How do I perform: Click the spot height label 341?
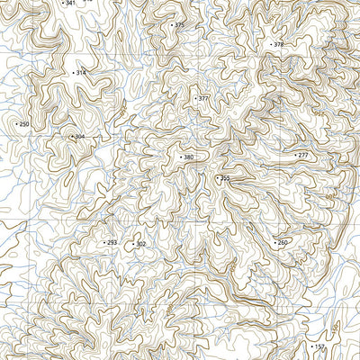pos(71,4)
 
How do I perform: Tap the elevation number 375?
pos(179,25)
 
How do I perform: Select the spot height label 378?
pos(278,44)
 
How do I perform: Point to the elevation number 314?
pos(81,73)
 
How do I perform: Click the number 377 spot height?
pos(203,98)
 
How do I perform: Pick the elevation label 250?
pos(24,124)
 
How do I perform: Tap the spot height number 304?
pos(79,137)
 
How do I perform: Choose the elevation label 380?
pos(188,157)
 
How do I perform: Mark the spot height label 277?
pos(302,156)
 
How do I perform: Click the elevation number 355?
pos(225,179)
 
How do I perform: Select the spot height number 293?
pos(112,243)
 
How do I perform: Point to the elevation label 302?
pos(140,244)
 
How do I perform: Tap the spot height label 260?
pos(283,243)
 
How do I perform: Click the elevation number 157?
pos(319,346)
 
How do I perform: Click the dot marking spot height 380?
pos(179,157)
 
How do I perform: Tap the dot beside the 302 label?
pos(132,244)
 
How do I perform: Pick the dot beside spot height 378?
pos(269,44)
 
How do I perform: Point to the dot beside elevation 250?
pos(15,124)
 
